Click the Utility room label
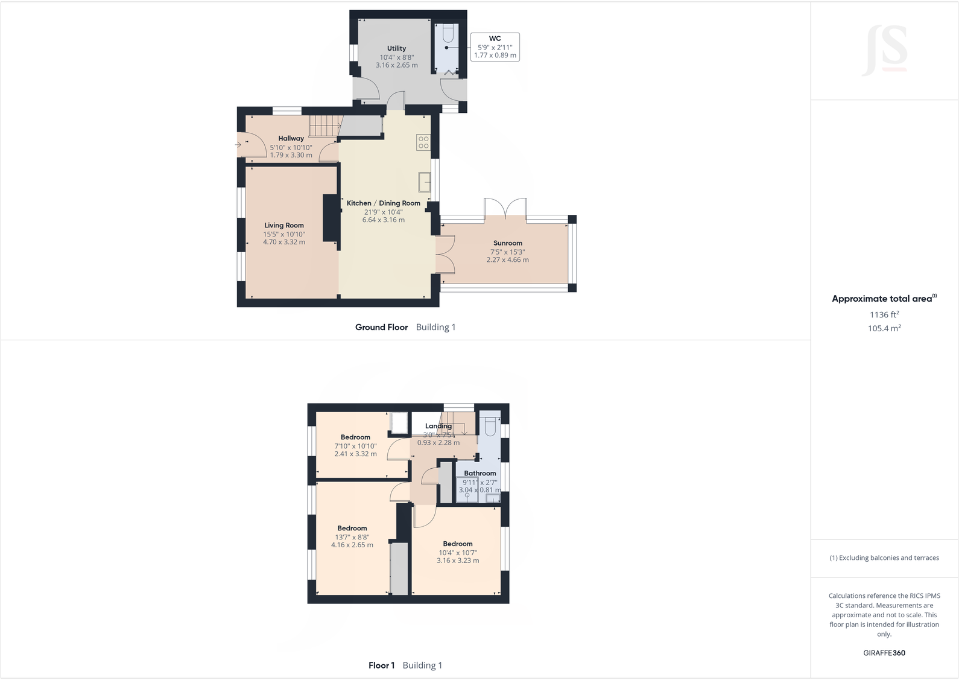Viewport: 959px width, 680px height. click(396, 48)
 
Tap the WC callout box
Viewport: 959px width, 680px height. click(495, 46)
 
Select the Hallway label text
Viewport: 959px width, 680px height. click(291, 138)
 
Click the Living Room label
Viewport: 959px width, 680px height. click(283, 225)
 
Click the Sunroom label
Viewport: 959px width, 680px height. click(507, 243)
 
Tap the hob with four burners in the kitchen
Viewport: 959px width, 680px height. click(423, 142)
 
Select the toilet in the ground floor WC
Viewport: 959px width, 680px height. click(447, 34)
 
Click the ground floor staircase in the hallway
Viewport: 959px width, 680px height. click(325, 126)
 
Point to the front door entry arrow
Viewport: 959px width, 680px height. click(238, 144)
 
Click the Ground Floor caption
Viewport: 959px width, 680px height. click(381, 327)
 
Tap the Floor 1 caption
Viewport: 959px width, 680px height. click(381, 666)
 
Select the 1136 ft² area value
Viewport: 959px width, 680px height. click(884, 314)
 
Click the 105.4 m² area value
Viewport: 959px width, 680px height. click(884, 328)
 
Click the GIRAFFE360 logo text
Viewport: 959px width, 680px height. click(884, 653)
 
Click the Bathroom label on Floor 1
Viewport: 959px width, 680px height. click(479, 473)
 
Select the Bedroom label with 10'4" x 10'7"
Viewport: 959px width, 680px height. click(457, 544)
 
